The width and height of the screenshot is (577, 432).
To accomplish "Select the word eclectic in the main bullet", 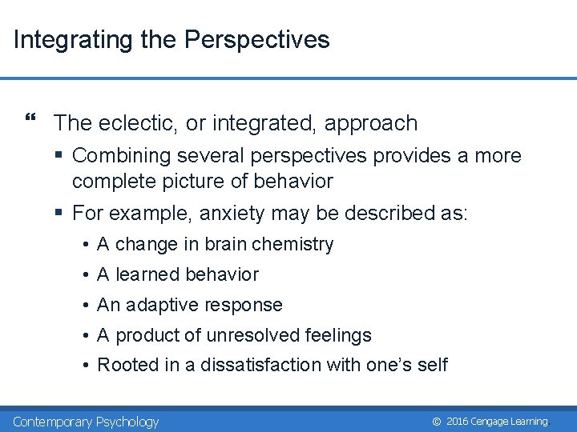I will tap(138, 123).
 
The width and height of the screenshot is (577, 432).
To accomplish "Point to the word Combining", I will tap(118, 156).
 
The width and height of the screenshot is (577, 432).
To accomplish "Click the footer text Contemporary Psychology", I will tap(86, 422).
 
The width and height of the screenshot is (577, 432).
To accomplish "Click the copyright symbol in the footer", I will tap(436, 422).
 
